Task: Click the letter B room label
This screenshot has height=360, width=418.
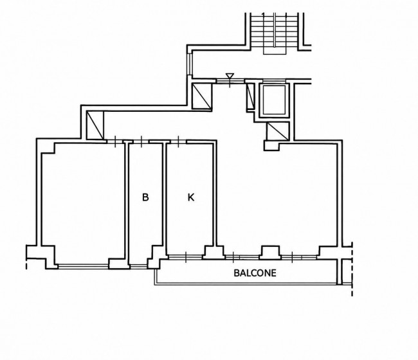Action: click(x=145, y=197)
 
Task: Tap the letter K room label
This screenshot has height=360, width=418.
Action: click(x=191, y=197)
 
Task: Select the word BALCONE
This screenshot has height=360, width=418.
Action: click(x=255, y=273)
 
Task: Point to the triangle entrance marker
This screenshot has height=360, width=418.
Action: click(x=230, y=76)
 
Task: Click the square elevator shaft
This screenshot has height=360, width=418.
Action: click(x=275, y=100)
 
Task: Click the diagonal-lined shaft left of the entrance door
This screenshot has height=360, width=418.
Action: click(x=202, y=96)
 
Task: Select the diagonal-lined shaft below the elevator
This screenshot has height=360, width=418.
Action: click(x=278, y=131)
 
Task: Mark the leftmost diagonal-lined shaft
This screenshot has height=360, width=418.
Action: click(x=95, y=125)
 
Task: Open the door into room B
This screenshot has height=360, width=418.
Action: click(x=141, y=141)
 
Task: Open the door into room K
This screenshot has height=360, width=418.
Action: click(x=179, y=141)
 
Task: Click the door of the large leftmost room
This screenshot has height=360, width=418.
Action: click(x=115, y=141)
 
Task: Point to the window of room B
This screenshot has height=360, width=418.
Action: click(x=138, y=266)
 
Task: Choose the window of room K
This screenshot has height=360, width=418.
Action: click(x=186, y=257)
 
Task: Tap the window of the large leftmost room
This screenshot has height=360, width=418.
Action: click(x=83, y=266)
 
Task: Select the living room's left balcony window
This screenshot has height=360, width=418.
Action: click(x=242, y=257)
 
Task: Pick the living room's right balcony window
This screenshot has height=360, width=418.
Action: click(x=299, y=257)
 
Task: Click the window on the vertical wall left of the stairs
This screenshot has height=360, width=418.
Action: click(x=190, y=64)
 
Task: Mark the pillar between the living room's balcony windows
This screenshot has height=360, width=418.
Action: click(x=270, y=253)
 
